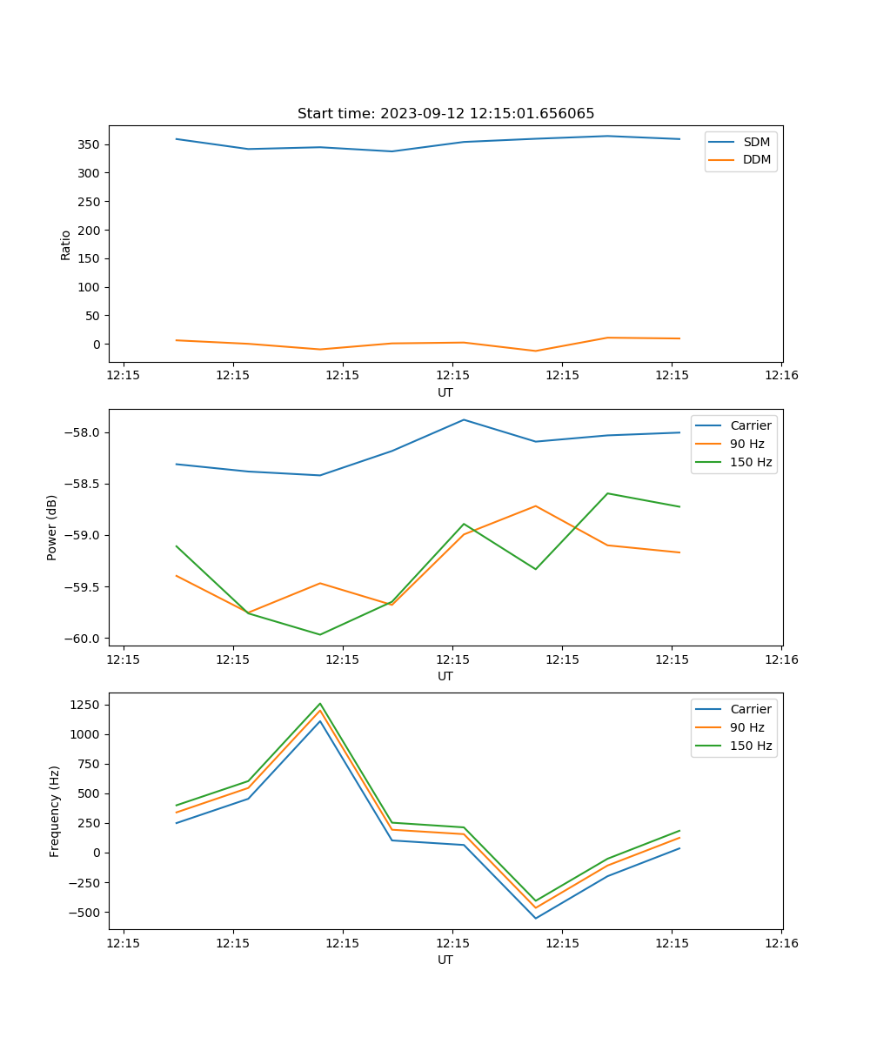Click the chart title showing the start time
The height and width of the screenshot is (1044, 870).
point(445,114)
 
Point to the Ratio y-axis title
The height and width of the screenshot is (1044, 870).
point(66,244)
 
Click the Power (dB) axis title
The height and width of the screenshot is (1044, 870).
point(52,527)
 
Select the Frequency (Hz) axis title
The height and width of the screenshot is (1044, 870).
point(55,811)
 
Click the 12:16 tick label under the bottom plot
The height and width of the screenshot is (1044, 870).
point(780,942)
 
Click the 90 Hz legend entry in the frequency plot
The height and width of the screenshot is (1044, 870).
point(746,727)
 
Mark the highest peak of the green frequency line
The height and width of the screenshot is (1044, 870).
point(320,704)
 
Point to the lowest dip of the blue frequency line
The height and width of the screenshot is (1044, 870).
point(535,919)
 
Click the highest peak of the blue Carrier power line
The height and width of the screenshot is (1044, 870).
point(464,419)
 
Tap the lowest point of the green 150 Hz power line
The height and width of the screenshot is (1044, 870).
point(320,634)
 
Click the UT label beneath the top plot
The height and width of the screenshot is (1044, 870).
point(445,392)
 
